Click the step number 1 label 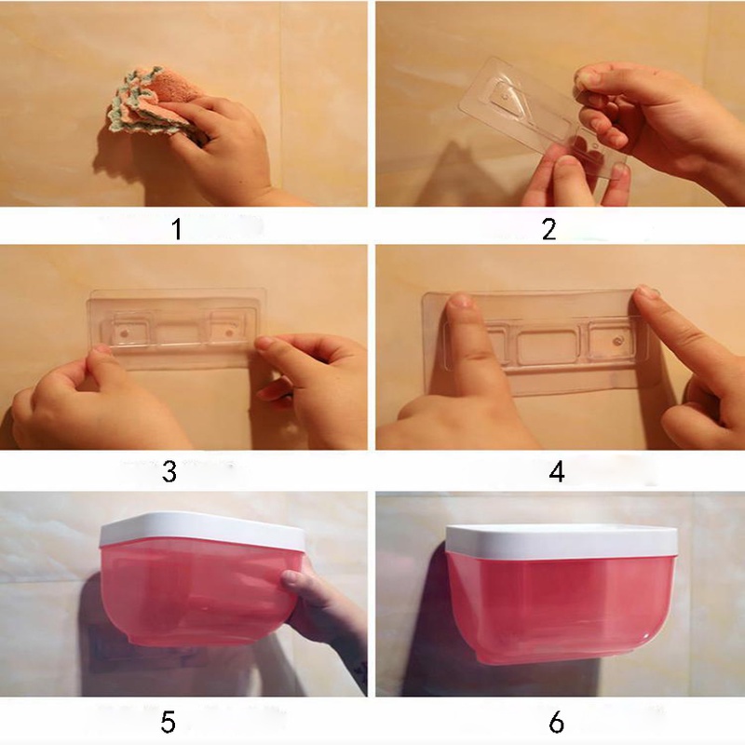tap(177, 229)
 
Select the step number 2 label tap(549, 229)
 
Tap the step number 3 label tap(169, 472)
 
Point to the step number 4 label tap(557, 472)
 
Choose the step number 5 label tap(169, 723)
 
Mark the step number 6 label tap(556, 723)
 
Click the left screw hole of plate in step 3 tap(124, 333)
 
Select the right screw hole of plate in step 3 tap(229, 332)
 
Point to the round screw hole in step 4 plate tap(618, 341)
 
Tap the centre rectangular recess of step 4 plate tap(548, 348)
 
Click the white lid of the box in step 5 tap(202, 530)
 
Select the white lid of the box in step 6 tap(562, 541)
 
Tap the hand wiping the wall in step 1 tap(223, 142)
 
